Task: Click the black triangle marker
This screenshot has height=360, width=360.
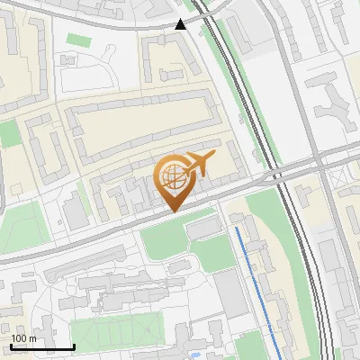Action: pos(181,24)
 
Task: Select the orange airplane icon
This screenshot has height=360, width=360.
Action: pos(199,164)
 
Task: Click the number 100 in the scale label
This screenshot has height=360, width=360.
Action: pos(19,338)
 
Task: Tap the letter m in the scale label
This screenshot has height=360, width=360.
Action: pos(32,338)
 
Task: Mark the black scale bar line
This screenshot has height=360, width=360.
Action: pos(41,346)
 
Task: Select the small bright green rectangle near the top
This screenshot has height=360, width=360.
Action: pos(78,40)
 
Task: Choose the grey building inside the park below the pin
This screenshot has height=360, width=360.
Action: pos(202,229)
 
